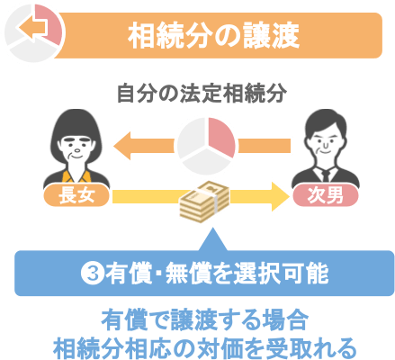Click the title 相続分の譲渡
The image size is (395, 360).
(214, 36)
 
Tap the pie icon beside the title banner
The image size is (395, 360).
(33, 31)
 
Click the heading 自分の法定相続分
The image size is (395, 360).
(202, 94)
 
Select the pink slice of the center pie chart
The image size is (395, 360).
(221, 137)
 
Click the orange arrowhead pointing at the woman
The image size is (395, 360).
(123, 146)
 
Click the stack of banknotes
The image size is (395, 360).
(204, 202)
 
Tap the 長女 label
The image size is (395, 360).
(76, 195)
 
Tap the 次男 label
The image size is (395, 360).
(326, 195)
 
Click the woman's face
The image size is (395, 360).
(76, 148)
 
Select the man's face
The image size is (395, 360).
(326, 141)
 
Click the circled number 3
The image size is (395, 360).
(93, 274)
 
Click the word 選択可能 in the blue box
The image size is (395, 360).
(281, 274)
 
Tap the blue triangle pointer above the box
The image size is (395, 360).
(213, 239)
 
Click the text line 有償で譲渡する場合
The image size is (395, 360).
(205, 320)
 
